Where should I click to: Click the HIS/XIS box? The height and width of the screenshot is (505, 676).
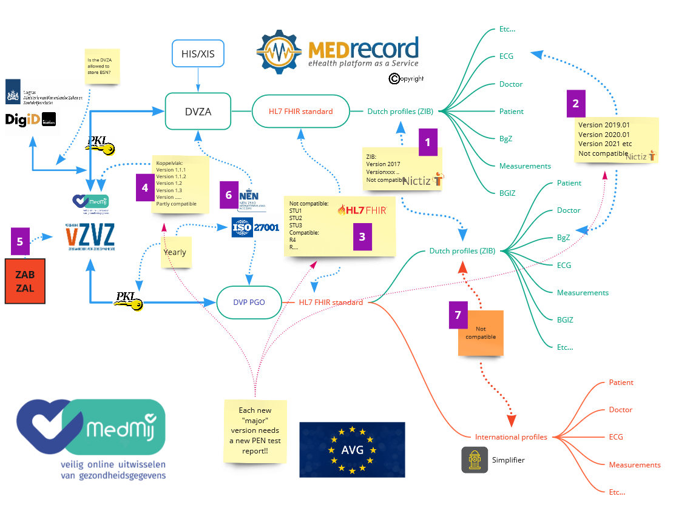198,55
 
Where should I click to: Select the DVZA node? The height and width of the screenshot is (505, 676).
198,111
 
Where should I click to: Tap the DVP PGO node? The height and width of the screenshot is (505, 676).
249,302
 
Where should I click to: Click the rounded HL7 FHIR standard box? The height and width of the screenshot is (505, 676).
300,111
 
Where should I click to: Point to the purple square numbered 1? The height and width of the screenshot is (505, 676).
428,143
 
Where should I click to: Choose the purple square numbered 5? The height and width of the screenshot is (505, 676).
20,241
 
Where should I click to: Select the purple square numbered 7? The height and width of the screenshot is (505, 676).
458,315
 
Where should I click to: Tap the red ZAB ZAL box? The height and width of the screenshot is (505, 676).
25,281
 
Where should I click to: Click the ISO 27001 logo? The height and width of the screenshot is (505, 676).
255,228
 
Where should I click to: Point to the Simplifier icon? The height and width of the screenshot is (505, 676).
475,460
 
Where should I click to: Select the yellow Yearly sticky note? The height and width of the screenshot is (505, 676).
175,252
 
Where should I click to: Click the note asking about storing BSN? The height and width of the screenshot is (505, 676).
102,67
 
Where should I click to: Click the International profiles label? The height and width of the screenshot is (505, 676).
511,436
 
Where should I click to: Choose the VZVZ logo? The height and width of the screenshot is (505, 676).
90,236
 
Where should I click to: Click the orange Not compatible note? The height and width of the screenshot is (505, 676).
482,333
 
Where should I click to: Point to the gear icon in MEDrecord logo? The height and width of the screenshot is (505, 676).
279,52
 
